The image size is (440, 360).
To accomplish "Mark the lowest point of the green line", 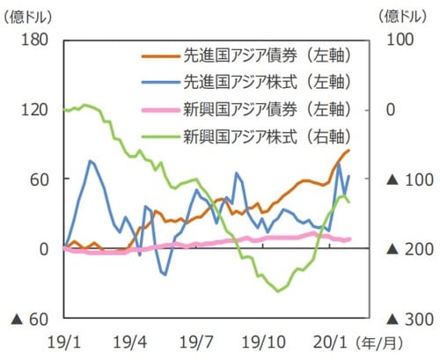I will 280,290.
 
